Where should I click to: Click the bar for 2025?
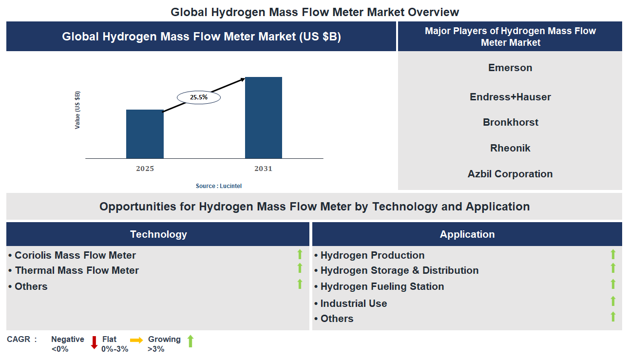click(x=145, y=134)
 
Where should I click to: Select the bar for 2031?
click(x=263, y=117)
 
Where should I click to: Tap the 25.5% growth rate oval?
click(x=199, y=97)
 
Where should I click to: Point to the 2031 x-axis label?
click(x=263, y=169)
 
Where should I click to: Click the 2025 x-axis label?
click(x=145, y=169)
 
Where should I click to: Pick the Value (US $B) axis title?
click(x=77, y=110)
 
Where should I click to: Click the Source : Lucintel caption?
click(x=219, y=186)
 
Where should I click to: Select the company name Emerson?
click(x=510, y=68)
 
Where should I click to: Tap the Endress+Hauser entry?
click(x=510, y=97)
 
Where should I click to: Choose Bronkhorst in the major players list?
click(x=510, y=122)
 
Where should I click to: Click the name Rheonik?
click(x=510, y=148)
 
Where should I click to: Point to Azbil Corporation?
click(x=510, y=174)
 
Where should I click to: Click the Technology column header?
click(x=158, y=234)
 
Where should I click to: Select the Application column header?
click(x=467, y=234)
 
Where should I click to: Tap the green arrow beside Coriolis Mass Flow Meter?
click(x=300, y=254)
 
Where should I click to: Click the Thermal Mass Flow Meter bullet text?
click(x=76, y=270)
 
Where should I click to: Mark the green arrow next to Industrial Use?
click(x=613, y=301)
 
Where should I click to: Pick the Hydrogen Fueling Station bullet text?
click(x=382, y=286)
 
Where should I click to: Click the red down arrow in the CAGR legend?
click(x=94, y=342)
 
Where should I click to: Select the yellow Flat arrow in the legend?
click(x=136, y=341)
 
